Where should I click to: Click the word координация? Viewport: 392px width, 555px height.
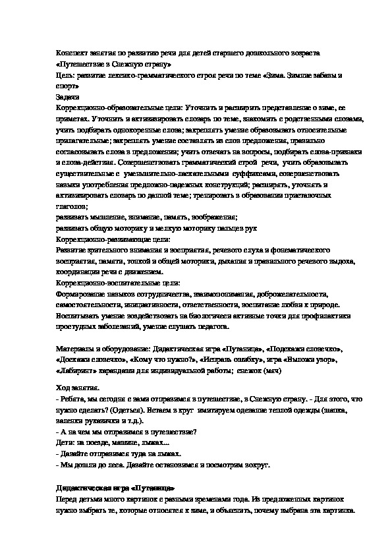pyautogui.click(x=79, y=272)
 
